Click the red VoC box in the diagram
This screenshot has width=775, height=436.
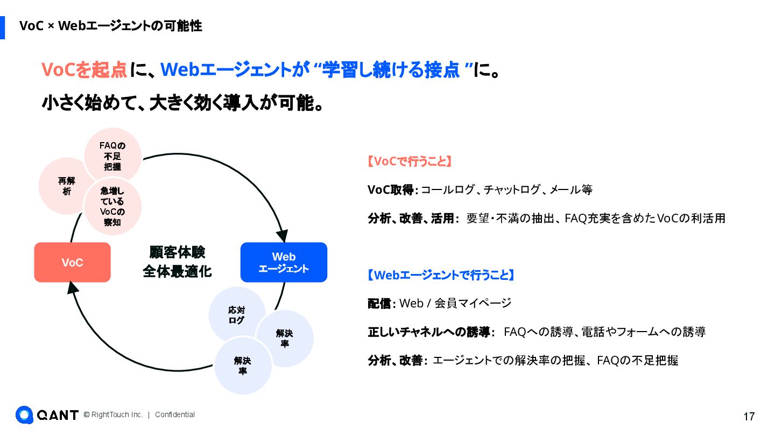pyautogui.click(x=72, y=262)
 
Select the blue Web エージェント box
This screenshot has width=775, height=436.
pyautogui.click(x=284, y=262)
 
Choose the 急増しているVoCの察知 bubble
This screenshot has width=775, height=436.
pyautogui.click(x=112, y=206)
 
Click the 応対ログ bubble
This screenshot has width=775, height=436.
pyautogui.click(x=237, y=315)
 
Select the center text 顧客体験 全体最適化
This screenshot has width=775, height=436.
pyautogui.click(x=177, y=262)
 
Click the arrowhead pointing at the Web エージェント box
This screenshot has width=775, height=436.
pyautogui.click(x=282, y=235)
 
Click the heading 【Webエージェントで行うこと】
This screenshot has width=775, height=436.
pyautogui.click(x=441, y=275)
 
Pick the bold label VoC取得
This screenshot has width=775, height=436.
pyautogui.click(x=390, y=189)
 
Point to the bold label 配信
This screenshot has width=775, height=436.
pyautogui.click(x=380, y=304)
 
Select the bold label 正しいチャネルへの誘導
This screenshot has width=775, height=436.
pyautogui.click(x=429, y=332)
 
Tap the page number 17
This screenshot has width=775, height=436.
pyautogui.click(x=749, y=417)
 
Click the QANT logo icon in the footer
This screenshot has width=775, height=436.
pyautogui.click(x=24, y=415)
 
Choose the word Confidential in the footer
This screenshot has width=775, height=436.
pyautogui.click(x=175, y=415)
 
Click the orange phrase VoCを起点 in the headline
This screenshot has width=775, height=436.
pyautogui.click(x=84, y=70)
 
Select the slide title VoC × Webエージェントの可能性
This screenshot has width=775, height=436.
pyautogui.click(x=111, y=26)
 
